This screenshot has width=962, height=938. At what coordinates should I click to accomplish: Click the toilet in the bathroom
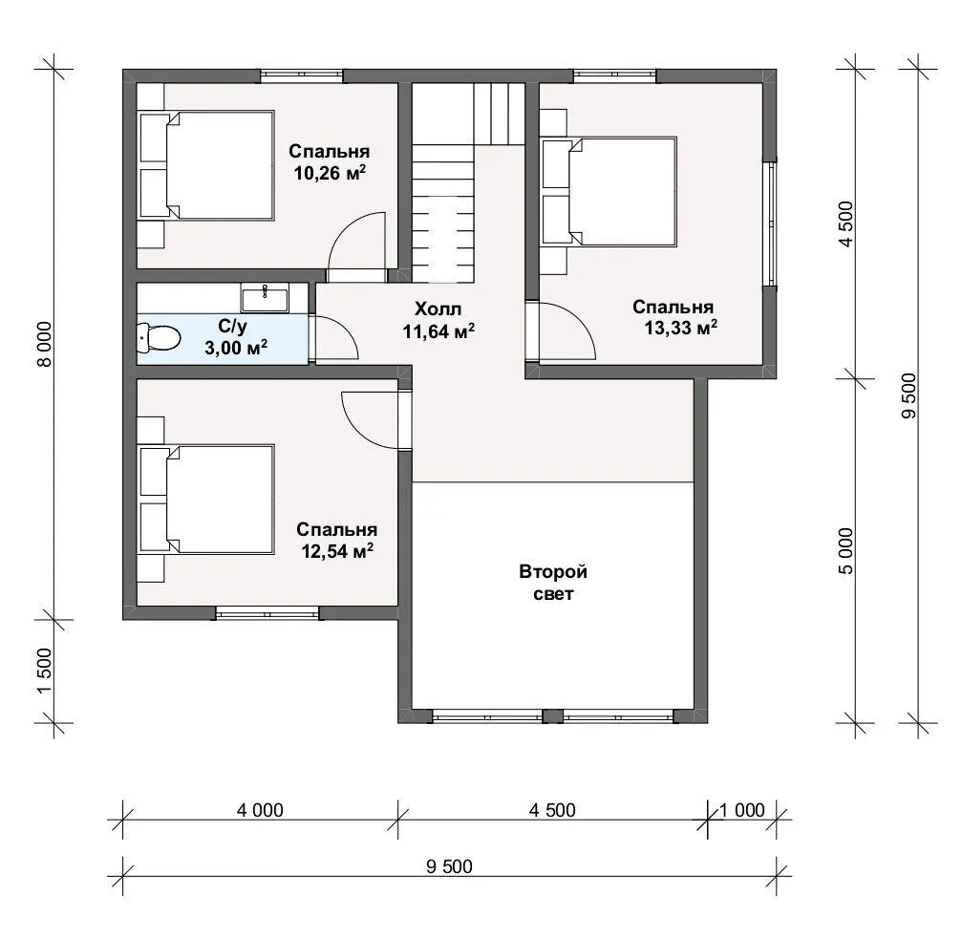(159, 338)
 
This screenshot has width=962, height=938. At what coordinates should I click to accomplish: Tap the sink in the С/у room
(265, 299)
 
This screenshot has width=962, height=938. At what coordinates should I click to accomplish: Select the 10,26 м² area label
(331, 173)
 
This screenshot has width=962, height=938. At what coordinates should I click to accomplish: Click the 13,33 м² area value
(681, 329)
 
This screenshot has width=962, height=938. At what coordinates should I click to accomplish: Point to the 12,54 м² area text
(337, 551)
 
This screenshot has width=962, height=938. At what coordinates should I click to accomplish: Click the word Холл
(438, 309)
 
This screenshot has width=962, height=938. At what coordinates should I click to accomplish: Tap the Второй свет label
(553, 583)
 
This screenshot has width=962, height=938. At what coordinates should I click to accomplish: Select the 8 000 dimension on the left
(46, 344)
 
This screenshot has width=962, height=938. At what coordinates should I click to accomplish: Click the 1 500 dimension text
(46, 672)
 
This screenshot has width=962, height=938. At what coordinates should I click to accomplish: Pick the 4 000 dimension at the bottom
(260, 810)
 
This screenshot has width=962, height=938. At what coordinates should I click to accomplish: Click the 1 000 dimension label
(741, 810)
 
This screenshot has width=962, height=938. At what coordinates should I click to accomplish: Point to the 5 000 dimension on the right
(845, 551)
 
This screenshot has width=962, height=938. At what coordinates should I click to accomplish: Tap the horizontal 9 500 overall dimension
(450, 866)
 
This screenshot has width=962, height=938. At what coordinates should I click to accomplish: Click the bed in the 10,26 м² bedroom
(206, 165)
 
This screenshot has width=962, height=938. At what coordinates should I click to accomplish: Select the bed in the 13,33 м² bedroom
(609, 192)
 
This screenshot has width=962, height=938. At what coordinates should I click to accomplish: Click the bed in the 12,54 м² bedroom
(206, 500)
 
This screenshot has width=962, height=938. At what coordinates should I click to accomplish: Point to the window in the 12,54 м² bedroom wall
(268, 612)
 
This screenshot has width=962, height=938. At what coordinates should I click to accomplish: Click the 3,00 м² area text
(236, 349)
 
